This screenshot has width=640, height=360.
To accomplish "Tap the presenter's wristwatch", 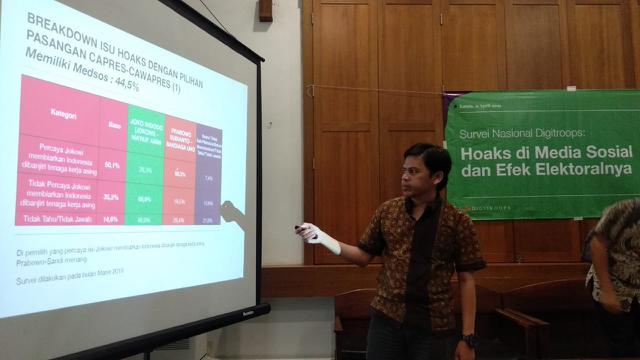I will [x=469, y=340].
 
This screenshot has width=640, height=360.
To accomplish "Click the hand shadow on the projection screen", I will [x=233, y=211].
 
